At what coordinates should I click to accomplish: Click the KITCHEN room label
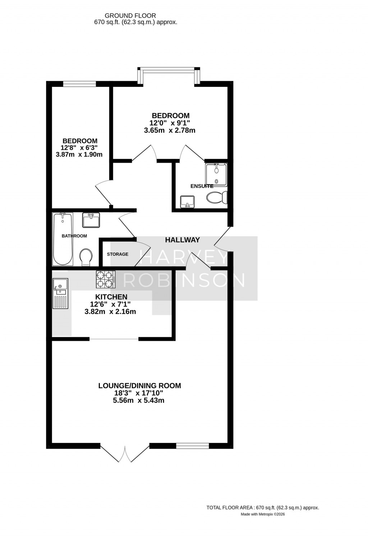pyautogui.click(x=111, y=297)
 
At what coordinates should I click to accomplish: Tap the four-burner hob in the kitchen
pyautogui.click(x=106, y=279)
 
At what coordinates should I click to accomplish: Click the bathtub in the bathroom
pyautogui.click(x=63, y=238)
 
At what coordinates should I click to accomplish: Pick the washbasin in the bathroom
pyautogui.click(x=91, y=220)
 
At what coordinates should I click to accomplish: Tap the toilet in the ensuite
pyautogui.click(x=217, y=197)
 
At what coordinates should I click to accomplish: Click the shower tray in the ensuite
pyautogui.click(x=216, y=174)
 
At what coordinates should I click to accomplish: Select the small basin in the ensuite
pyautogui.click(x=187, y=202)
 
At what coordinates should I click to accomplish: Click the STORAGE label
pyautogui.click(x=118, y=254)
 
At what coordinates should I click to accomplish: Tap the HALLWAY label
pyautogui.click(x=182, y=240)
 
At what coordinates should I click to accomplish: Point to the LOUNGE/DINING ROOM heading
pyautogui.click(x=139, y=386)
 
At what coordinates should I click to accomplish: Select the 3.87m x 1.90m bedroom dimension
pyautogui.click(x=79, y=155)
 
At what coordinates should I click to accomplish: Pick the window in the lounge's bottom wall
pyautogui.click(x=193, y=446)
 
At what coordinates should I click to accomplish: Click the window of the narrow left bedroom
pyautogui.click(x=79, y=84)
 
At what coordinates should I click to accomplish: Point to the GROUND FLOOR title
pyautogui.click(x=130, y=15)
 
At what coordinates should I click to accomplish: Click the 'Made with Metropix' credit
pyautogui.click(x=263, y=514)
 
